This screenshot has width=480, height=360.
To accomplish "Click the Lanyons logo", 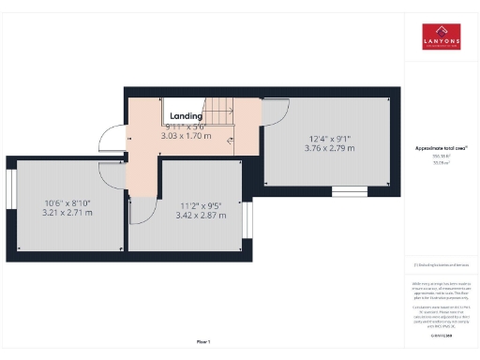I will pyautogui.click(x=442, y=37).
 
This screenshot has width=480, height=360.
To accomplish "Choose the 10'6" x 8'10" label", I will pyautogui.click(x=67, y=202).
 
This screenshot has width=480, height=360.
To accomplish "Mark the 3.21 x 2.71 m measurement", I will pyautogui.click(x=67, y=213).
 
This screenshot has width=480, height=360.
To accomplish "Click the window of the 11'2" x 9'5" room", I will pyautogui.click(x=248, y=221).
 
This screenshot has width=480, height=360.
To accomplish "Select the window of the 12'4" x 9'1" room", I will pyautogui.click(x=352, y=190).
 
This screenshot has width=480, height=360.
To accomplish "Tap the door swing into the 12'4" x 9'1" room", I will pyautogui.click(x=276, y=113).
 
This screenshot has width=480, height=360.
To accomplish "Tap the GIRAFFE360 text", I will pyautogui.click(x=441, y=335).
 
